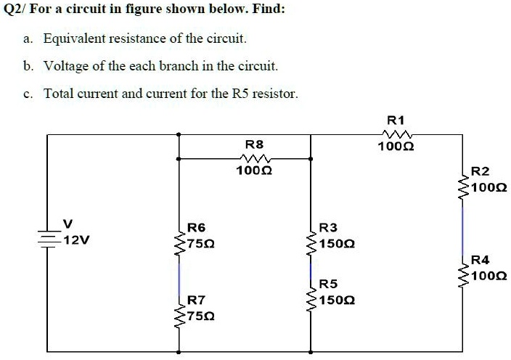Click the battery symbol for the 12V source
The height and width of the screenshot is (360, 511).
coord(48,240)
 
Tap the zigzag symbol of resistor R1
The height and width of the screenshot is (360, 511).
coord(397,134)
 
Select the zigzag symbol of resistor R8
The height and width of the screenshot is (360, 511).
coord(255,158)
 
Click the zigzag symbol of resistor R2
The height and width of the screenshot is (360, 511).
coord(463,188)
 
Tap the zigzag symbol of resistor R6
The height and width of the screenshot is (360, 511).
coord(179,244)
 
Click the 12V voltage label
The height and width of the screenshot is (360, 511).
coord(76,240)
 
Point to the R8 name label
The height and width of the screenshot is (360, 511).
coord(254,144)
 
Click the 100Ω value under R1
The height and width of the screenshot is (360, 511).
coord(396,147)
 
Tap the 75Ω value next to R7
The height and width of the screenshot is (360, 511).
coord(201,316)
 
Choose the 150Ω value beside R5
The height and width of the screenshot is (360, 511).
coord(337,300)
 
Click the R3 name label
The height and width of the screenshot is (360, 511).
coord(328,227)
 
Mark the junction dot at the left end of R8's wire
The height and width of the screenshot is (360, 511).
coord(178,159)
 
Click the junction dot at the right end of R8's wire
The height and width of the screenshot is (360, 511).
coord(311,159)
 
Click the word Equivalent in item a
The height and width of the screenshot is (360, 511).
coord(74,38)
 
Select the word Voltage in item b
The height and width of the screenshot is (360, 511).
coord(66,66)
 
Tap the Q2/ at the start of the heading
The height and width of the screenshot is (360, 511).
coord(15,9)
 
